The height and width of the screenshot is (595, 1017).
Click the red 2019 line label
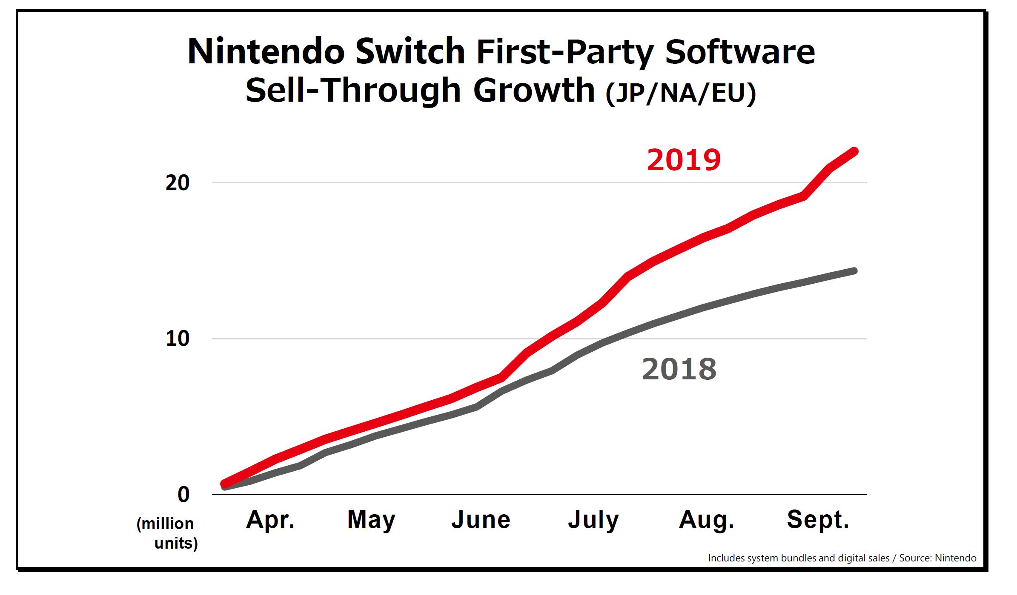coord(684,160)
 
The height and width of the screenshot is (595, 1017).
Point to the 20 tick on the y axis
coord(178,183)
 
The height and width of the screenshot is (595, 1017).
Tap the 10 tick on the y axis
coord(178,339)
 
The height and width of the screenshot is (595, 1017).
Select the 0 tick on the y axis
coord(183,494)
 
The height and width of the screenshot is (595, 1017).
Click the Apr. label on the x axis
coord(270,519)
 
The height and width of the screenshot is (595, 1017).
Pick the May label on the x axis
coord(371,519)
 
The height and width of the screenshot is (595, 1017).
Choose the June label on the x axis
coord(481,519)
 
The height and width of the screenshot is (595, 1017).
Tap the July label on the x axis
coord(593,519)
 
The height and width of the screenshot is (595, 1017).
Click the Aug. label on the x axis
coord(707,519)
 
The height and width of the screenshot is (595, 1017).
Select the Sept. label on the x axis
coord(818,519)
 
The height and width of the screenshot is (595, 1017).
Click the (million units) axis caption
coord(167,533)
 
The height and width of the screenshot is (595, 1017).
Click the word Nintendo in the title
coord(266,51)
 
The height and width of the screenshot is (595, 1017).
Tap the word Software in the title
coord(740,51)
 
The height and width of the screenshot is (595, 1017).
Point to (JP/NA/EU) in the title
coord(681,93)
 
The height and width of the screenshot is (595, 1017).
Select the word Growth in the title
coord(534,90)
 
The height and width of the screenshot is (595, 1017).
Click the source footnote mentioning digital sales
coord(842,558)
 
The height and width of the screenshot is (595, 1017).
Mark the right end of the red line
coord(854,151)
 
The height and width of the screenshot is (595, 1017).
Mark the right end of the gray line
coord(854,271)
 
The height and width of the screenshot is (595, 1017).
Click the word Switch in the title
coord(410,51)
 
